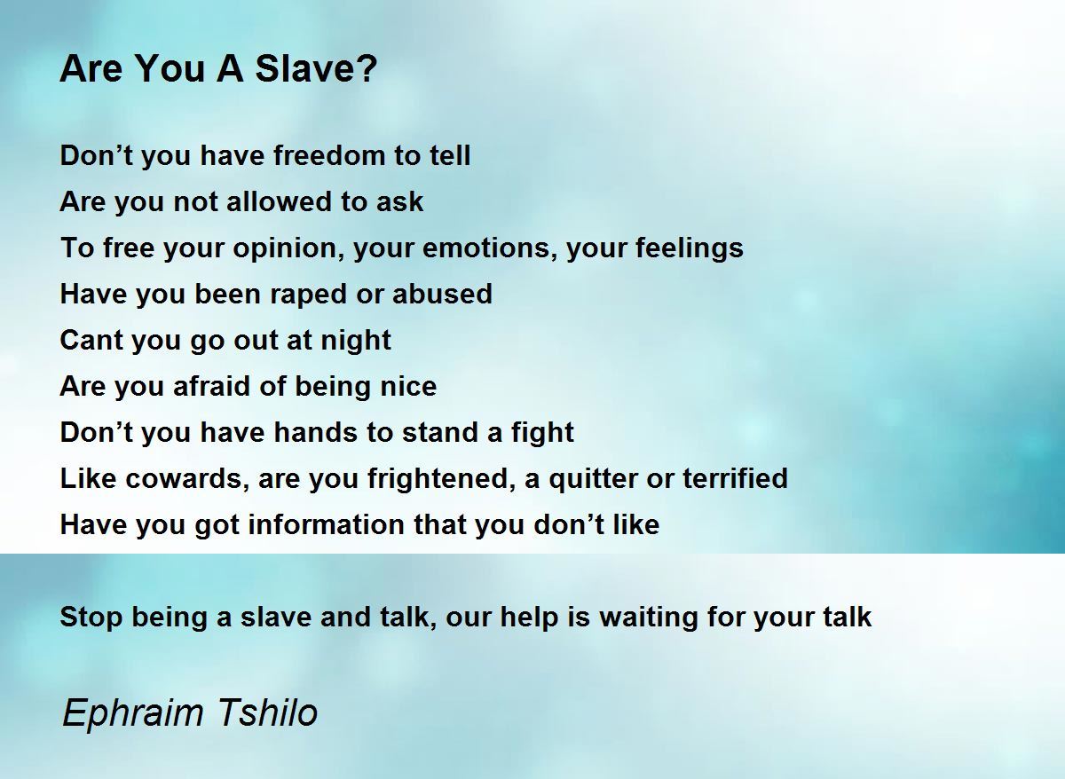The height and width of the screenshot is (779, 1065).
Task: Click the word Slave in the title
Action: click(304, 68)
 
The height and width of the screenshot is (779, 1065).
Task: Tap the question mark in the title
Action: click(365, 68)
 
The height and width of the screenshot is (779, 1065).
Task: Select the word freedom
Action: click(329, 155)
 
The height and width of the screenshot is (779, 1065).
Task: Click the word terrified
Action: click(735, 477)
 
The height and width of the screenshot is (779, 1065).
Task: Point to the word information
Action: click(327, 523)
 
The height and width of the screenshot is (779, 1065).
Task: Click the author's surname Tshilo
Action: click(267, 712)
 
